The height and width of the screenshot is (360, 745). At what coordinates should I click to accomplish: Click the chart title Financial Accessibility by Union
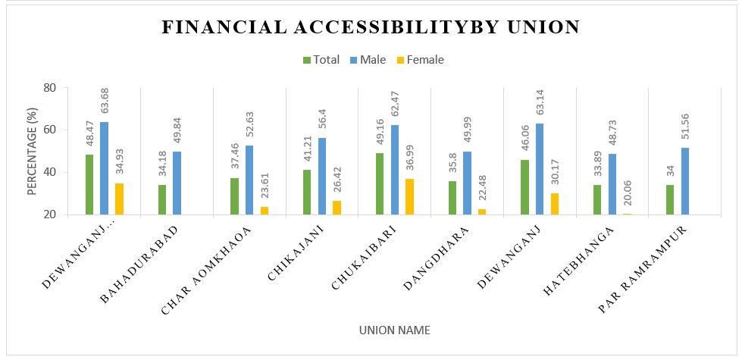371,27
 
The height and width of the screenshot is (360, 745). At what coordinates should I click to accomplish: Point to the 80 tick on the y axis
51,87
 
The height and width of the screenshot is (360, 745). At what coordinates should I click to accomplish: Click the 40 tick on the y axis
51,172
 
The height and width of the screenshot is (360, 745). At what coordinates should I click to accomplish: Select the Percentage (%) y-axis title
32,151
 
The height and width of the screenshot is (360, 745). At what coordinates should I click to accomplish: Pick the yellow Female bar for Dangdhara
483,211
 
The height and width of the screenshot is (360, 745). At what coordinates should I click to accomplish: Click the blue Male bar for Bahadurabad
177,183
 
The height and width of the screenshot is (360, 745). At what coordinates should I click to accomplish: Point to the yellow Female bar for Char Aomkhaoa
265,210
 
